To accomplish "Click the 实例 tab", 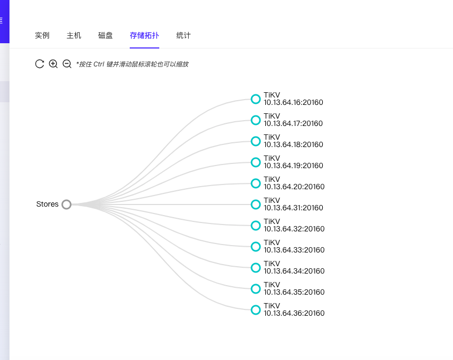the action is tap(42, 35).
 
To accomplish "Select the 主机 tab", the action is tap(74, 35).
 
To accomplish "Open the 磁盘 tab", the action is tap(105, 35).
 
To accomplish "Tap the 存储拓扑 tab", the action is tap(144, 35).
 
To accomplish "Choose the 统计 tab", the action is tap(184, 35).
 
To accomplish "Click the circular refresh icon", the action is tap(40, 64).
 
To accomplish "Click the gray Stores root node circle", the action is tap(66, 205).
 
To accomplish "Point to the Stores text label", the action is tap(47, 204).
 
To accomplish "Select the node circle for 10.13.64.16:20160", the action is tap(256, 99).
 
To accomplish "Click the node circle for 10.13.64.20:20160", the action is tap(256, 183).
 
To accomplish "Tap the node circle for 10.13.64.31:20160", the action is tap(256, 205).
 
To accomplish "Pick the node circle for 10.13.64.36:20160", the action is tap(256, 310).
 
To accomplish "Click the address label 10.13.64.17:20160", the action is tap(293, 123).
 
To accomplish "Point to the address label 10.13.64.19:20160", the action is tap(293, 166).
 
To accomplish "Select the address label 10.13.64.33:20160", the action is tap(294, 250).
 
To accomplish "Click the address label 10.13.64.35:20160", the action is tap(294, 292).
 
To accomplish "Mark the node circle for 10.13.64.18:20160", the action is tap(256, 141).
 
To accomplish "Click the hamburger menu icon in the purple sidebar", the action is tap(1, 21).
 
